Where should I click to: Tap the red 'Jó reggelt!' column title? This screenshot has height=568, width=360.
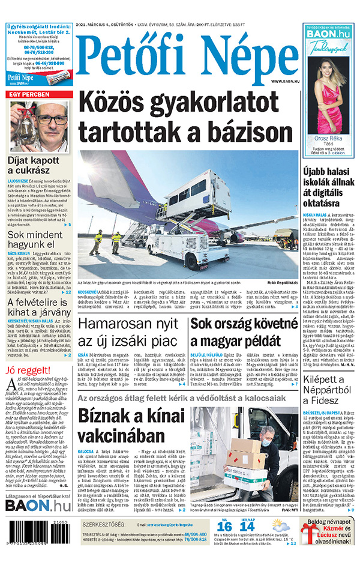pyautogui.click(x=25, y=370)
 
